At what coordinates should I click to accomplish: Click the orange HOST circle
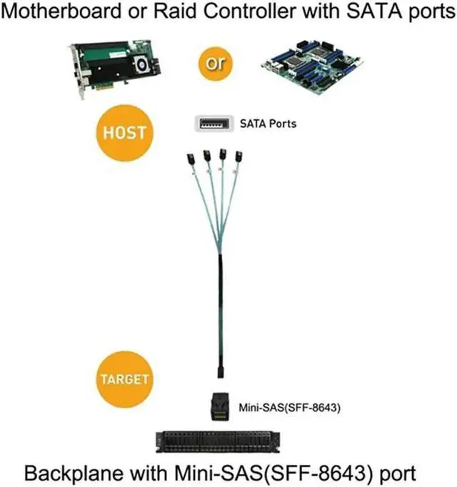click(x=125, y=133)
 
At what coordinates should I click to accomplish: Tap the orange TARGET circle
click(x=125, y=377)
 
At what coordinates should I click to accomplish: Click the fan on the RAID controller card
click(x=144, y=66)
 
